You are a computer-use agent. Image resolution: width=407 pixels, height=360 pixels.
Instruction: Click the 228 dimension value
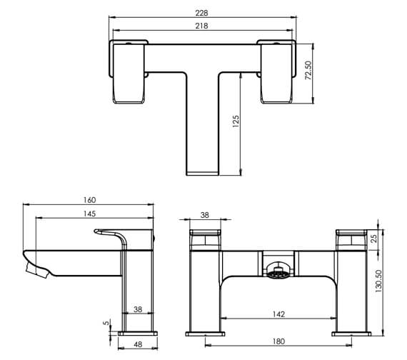tap(203, 13)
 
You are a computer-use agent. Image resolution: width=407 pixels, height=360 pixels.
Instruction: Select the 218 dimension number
tap(203, 26)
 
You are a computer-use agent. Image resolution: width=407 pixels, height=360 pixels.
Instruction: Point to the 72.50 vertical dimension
tap(308, 71)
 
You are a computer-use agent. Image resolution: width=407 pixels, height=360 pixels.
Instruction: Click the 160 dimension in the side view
tap(89, 201)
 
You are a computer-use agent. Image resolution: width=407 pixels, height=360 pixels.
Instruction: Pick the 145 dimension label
tap(89, 214)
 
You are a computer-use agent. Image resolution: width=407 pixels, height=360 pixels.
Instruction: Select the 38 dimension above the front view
tap(205, 214)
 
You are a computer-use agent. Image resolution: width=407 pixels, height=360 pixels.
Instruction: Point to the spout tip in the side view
tap(32, 268)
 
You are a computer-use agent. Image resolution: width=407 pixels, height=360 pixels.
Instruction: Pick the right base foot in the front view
tap(351, 333)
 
